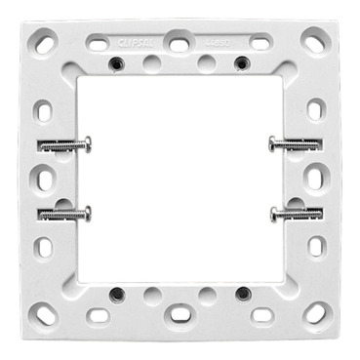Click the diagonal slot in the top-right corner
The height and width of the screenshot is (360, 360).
click(314, 42)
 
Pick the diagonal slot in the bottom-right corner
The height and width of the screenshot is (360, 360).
click(315, 313)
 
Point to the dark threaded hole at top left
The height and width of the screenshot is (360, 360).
click(117, 62)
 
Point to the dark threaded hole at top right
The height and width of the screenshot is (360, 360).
click(241, 62)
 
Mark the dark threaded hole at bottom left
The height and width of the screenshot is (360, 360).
click(117, 293)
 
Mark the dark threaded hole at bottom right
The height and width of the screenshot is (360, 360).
click(241, 293)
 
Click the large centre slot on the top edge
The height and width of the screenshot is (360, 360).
click(180, 42)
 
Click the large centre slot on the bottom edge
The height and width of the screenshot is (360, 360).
click(180, 314)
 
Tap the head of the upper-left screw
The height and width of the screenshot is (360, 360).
click(87, 144)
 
